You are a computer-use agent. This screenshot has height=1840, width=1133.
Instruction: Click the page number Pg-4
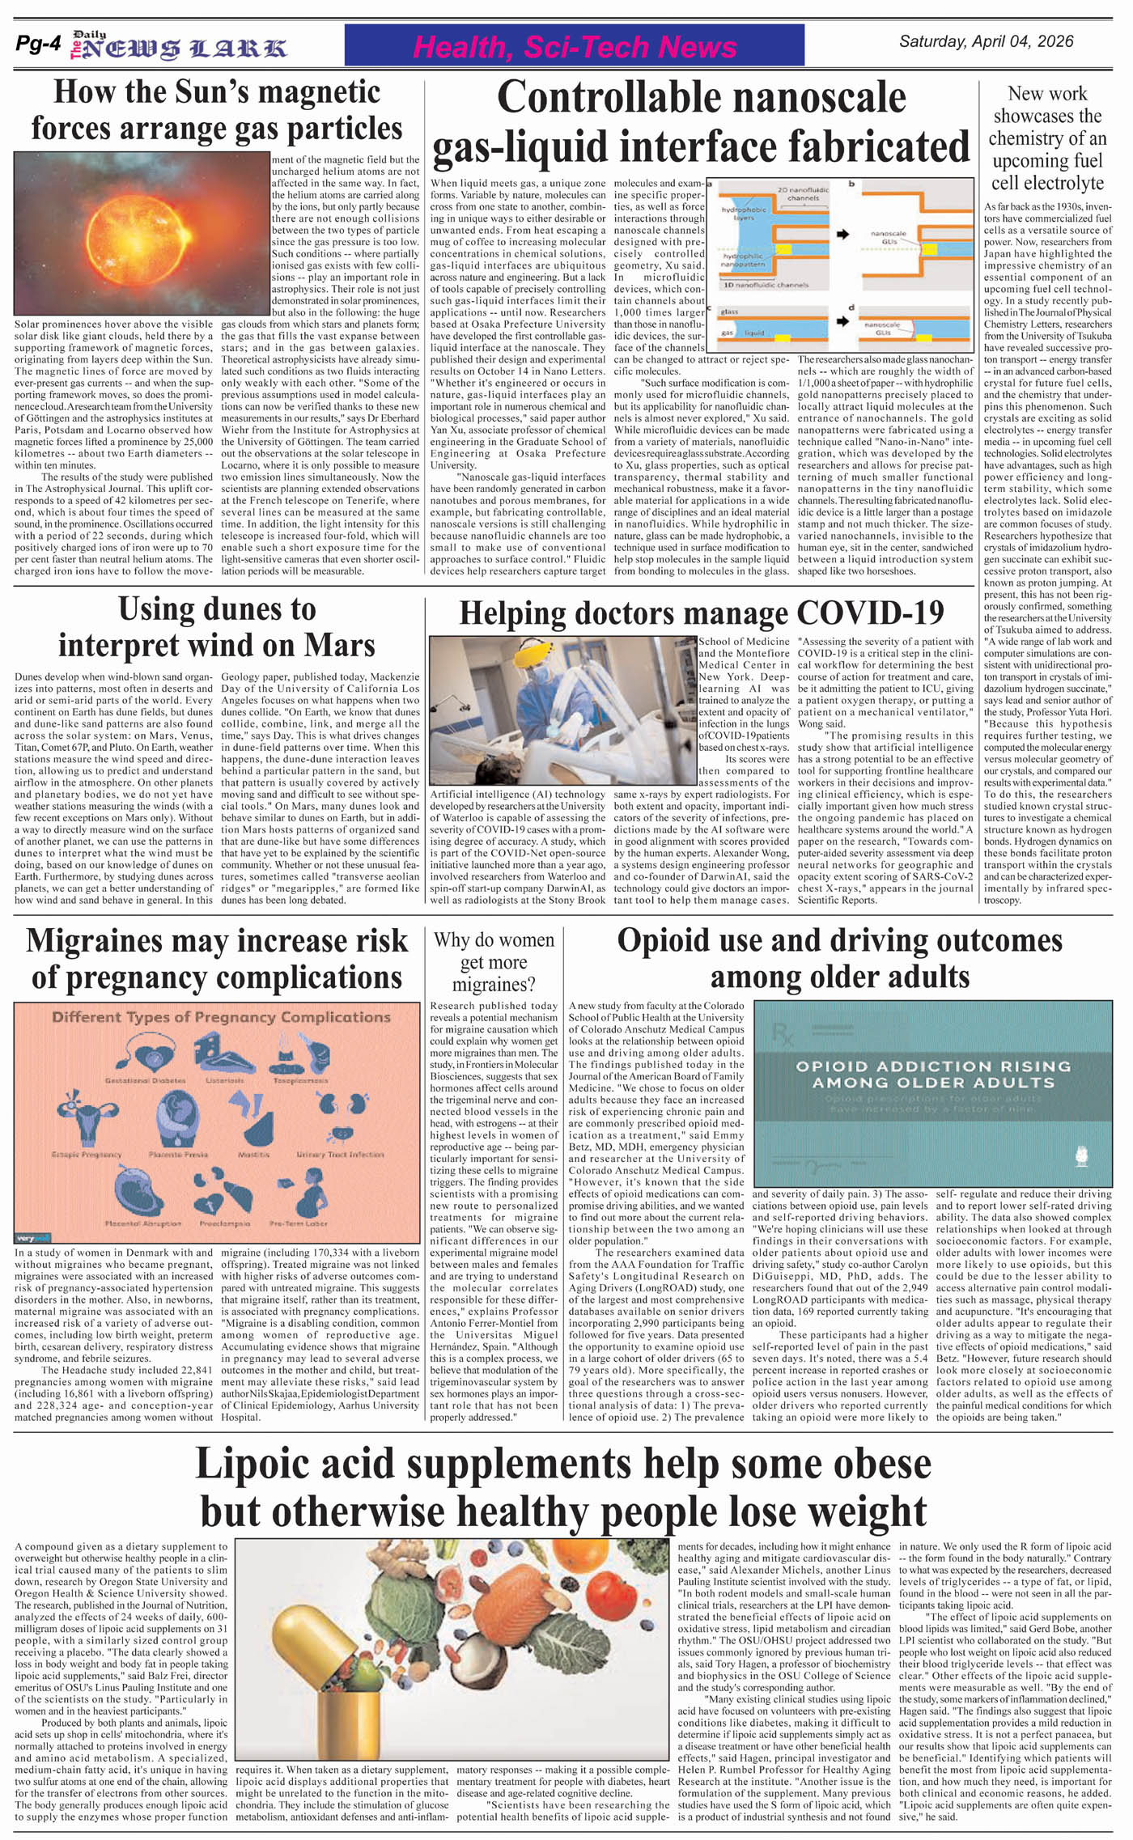[x=38, y=45]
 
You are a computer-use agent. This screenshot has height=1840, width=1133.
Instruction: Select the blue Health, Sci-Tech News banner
[x=574, y=47]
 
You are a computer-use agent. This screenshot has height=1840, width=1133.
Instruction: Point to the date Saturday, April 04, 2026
[x=986, y=41]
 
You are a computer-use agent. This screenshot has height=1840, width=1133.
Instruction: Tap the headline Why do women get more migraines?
[x=494, y=962]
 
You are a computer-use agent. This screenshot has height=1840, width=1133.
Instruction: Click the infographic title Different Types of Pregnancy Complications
[x=221, y=1017]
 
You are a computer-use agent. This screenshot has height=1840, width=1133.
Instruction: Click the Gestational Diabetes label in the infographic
[x=145, y=1080]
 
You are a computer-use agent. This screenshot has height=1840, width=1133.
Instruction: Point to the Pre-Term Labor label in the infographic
[x=299, y=1223]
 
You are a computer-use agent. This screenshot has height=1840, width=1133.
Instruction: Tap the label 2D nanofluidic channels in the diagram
[x=798, y=194]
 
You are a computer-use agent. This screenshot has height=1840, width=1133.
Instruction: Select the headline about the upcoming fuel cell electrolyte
[x=1047, y=138]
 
